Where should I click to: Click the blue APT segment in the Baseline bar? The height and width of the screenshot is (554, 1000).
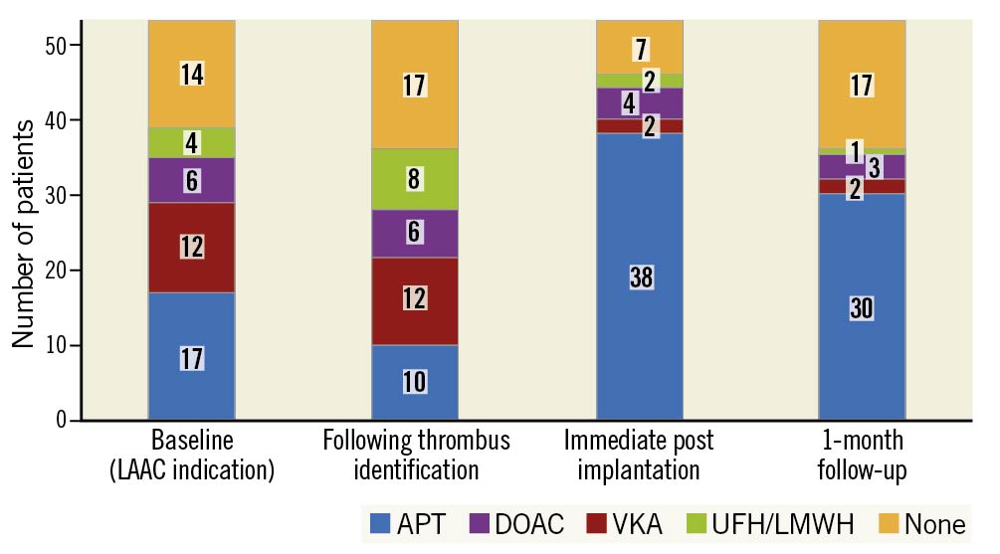(191, 356)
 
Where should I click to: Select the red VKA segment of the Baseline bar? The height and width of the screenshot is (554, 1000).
(191, 247)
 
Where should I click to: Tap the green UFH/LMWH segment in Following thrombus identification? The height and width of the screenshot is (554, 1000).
(415, 179)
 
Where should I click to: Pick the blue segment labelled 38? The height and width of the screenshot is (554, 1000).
(640, 277)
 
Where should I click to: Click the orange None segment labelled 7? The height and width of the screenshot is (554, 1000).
(640, 47)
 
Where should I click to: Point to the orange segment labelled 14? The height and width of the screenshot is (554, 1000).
(191, 74)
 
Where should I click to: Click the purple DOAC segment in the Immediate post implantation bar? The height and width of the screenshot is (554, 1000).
(640, 102)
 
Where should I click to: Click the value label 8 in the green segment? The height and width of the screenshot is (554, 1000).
(415, 179)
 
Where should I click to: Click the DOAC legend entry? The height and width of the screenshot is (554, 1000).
(517, 523)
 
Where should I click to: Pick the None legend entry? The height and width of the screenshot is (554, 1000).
(920, 523)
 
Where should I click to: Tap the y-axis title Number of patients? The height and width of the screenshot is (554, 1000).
(23, 233)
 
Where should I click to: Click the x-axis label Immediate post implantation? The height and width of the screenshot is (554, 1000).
(639, 454)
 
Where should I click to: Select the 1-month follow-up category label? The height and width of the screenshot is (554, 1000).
(862, 454)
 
